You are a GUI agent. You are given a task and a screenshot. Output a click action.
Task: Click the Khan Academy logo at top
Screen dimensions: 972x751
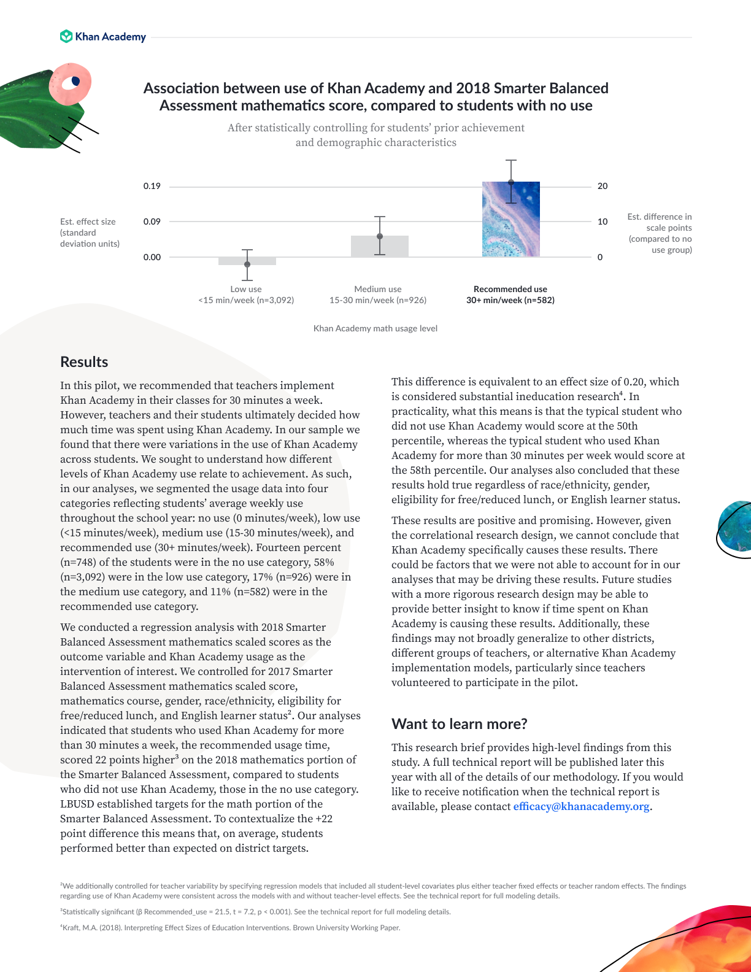pyautogui.click(x=103, y=37)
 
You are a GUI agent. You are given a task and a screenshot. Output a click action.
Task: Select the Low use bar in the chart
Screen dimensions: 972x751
pyautogui.click(x=247, y=261)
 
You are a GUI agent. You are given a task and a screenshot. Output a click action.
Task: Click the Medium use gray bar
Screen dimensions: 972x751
pyautogui.click(x=379, y=247)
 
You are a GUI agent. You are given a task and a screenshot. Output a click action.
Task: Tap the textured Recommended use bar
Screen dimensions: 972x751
pyautogui.click(x=510, y=219)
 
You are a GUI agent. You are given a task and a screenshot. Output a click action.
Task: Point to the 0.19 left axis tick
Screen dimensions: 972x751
pyautogui.click(x=152, y=186)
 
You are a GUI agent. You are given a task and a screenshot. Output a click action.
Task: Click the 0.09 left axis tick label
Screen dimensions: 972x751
pyautogui.click(x=152, y=222)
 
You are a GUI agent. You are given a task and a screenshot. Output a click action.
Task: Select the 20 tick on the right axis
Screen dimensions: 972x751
pyautogui.click(x=603, y=186)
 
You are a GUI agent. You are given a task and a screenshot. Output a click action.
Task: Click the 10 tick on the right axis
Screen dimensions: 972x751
pyautogui.click(x=603, y=222)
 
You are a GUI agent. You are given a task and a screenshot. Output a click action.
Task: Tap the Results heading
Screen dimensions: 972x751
pyautogui.click(x=84, y=362)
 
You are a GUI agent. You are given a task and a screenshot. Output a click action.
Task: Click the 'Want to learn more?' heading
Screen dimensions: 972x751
pyautogui.click(x=459, y=724)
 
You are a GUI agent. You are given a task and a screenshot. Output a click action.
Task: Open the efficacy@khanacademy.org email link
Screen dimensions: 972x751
pyautogui.click(x=581, y=806)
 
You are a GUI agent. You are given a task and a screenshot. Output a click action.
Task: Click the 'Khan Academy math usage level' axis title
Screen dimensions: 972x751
pyautogui.click(x=375, y=328)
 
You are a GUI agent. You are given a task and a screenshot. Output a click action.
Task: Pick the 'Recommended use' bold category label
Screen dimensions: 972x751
pyautogui.click(x=510, y=289)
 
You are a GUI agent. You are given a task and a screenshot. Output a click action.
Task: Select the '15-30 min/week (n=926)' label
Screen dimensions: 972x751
pyautogui.click(x=378, y=300)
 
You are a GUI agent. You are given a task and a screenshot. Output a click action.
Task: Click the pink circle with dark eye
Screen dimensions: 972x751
pyautogui.click(x=71, y=83)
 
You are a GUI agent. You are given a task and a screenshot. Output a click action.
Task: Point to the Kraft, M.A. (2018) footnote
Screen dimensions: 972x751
pyautogui.click(x=230, y=928)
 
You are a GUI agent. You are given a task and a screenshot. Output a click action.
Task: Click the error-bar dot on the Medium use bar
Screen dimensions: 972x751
pyautogui.click(x=380, y=236)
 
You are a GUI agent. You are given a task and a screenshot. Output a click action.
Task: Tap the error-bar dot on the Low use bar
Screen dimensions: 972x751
pyautogui.click(x=247, y=264)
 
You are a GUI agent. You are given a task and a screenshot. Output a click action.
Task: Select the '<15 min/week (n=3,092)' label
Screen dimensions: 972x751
pyautogui.click(x=246, y=300)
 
